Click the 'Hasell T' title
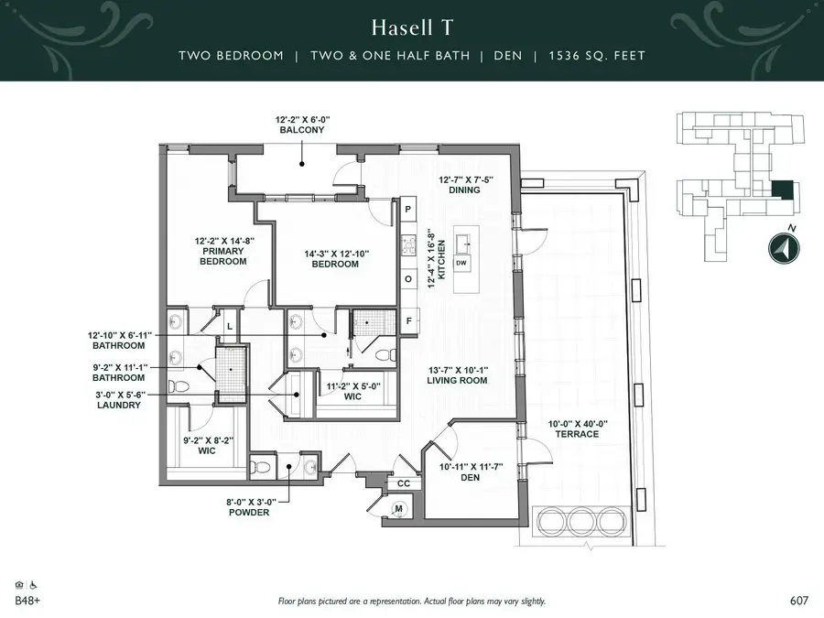coord(412,24)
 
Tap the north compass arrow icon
coord(780,248)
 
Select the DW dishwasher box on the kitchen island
coord(462,264)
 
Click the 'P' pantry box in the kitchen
coord(409,210)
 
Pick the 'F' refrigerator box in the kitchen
coord(409,320)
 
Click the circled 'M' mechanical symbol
coord(399,509)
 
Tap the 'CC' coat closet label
coord(404,483)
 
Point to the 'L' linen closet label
coord(229,326)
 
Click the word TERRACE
coord(574,434)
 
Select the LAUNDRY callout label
coord(119,405)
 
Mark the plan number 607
coord(798,601)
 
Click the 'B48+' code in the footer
coord(29,601)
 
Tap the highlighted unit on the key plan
coord(783,190)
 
